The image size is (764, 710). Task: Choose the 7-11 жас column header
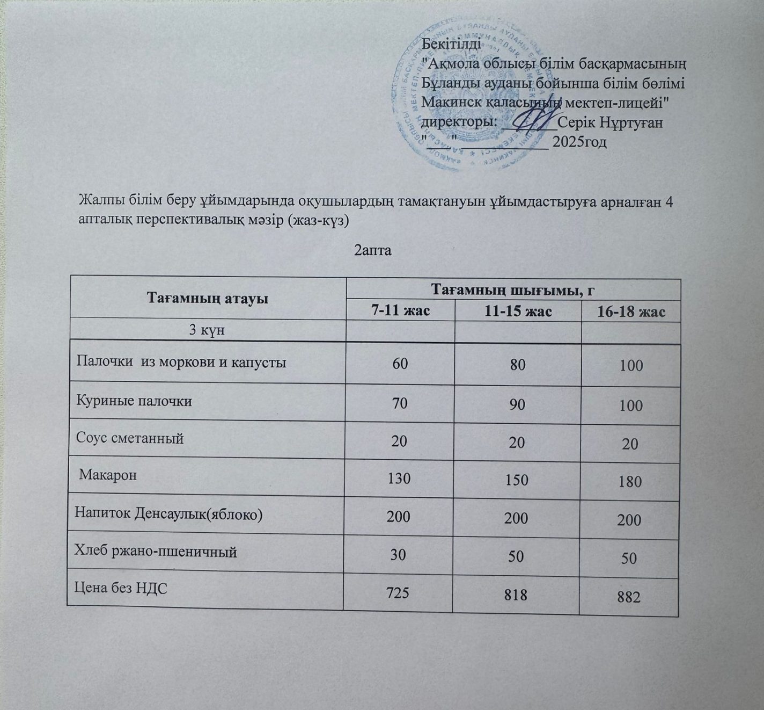pyautogui.click(x=400, y=311)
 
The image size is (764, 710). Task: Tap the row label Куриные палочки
pyautogui.click(x=135, y=401)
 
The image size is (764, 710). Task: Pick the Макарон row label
pyautogui.click(x=108, y=475)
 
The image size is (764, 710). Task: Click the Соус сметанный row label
pyautogui.click(x=130, y=438)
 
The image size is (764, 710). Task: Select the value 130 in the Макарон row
pyautogui.click(x=399, y=477)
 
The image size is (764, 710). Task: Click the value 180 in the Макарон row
pyautogui.click(x=630, y=481)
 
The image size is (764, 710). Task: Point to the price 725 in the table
pyautogui.click(x=398, y=592)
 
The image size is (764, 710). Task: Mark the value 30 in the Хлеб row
pyautogui.click(x=398, y=554)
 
